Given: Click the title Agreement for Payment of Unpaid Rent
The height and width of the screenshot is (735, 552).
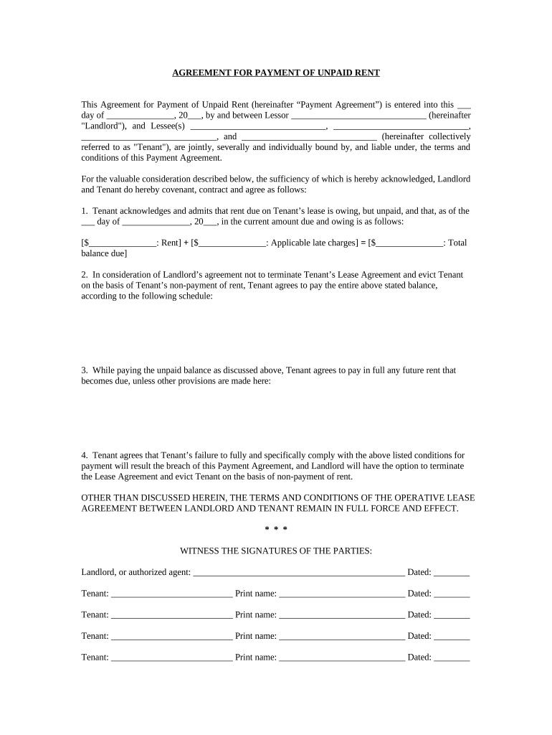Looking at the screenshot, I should coord(276,72).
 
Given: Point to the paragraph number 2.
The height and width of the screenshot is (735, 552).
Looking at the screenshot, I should coord(84,275).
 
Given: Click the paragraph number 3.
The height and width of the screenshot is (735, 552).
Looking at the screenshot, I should coord(84,370).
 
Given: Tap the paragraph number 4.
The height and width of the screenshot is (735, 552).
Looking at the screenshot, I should coord(84,455).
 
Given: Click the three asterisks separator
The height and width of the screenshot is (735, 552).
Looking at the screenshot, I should coord(276,530).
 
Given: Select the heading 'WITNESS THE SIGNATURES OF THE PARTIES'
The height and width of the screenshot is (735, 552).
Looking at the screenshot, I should coord(276,551).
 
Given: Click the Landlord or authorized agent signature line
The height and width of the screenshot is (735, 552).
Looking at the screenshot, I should coord(299,574).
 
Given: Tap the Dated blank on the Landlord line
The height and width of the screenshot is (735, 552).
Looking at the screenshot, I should coord(452,574).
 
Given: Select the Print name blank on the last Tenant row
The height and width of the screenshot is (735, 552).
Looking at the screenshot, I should coord(342,658).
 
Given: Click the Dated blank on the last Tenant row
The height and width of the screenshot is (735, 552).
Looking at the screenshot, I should coord(452,658).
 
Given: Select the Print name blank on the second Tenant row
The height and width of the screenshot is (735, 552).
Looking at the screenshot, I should coord(342,616).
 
